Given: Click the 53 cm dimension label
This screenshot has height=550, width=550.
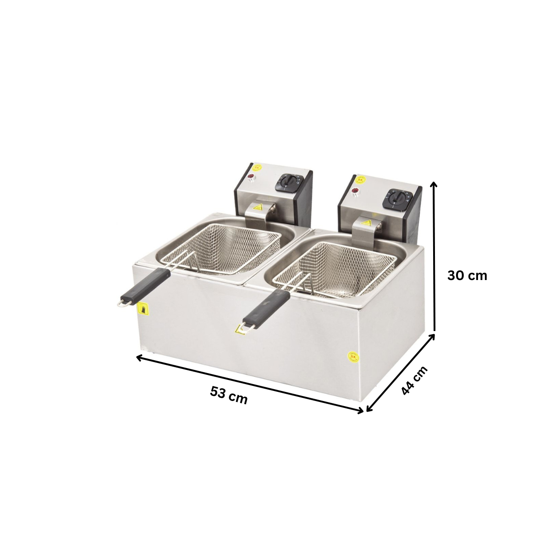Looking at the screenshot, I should [x=229, y=395].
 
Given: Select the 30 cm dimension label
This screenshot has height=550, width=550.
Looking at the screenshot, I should [x=467, y=275].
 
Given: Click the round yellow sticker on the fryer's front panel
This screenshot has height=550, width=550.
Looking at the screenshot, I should [x=352, y=356].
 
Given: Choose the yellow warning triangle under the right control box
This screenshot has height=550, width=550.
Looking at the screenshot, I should [x=366, y=223].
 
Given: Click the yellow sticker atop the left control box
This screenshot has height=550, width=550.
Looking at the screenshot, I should [x=257, y=167].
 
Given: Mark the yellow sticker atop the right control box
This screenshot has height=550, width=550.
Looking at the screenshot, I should [x=360, y=179].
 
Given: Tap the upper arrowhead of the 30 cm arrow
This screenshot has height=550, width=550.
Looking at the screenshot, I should [x=434, y=184].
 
